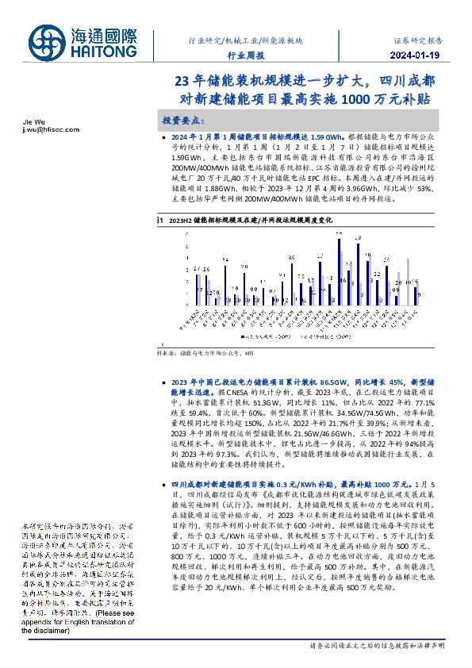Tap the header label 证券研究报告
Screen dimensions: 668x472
[x=418, y=39]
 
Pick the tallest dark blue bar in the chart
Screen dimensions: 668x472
[x=339, y=270]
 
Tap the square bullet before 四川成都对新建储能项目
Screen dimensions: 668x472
[x=162, y=482]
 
